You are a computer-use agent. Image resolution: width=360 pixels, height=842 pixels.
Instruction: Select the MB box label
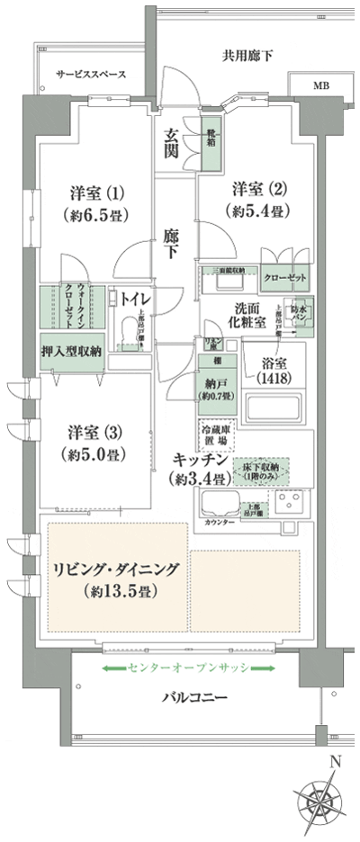[321, 86]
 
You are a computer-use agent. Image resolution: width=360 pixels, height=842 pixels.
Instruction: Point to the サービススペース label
[89, 74]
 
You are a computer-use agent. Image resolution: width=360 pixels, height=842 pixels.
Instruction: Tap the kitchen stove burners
[292, 499]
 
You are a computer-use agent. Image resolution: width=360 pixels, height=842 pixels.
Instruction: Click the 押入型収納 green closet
[72, 353]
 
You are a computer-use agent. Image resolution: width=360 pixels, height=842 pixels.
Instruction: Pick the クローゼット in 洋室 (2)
[283, 278]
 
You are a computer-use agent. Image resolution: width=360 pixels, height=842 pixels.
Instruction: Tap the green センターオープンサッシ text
[187, 668]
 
